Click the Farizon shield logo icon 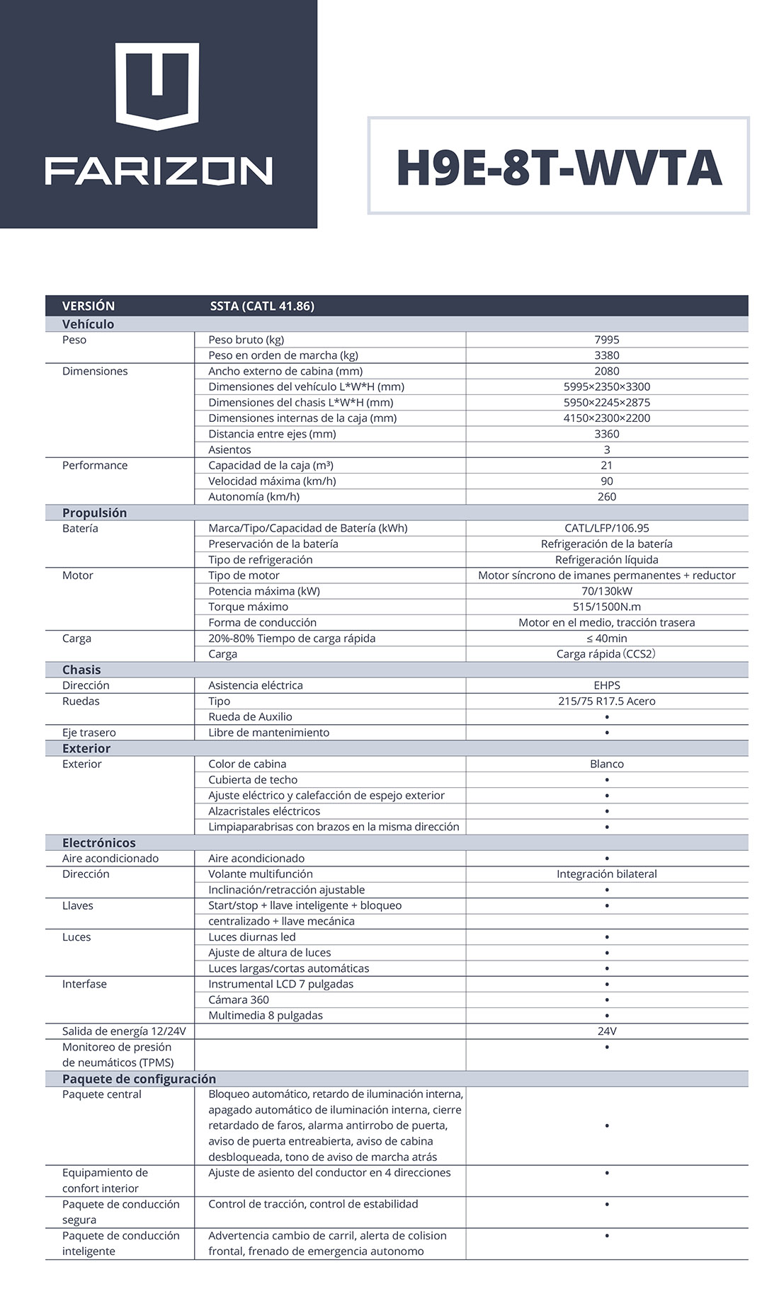pyautogui.click(x=157, y=86)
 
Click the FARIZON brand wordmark pyautogui.click(x=159, y=171)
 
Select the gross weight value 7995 pyautogui.click(x=607, y=340)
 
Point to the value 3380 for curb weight pyautogui.click(x=607, y=355)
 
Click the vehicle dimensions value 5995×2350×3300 pyautogui.click(x=607, y=386)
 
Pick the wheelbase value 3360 pyautogui.click(x=607, y=434)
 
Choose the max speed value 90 pyautogui.click(x=607, y=481)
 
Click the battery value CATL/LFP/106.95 pyautogui.click(x=607, y=528)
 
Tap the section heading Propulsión pyautogui.click(x=94, y=512)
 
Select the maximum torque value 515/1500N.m pyautogui.click(x=607, y=607)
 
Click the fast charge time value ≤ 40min pyautogui.click(x=607, y=638)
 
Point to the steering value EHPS pyautogui.click(x=607, y=685)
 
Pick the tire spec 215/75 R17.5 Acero pyautogui.click(x=607, y=701)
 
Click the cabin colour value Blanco pyautogui.click(x=607, y=764)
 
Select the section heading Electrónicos pyautogui.click(x=98, y=842)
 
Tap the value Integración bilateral pyautogui.click(x=607, y=873)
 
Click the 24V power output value pyautogui.click(x=607, y=1031)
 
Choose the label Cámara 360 pyautogui.click(x=239, y=999)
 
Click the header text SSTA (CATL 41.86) pyautogui.click(x=262, y=306)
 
